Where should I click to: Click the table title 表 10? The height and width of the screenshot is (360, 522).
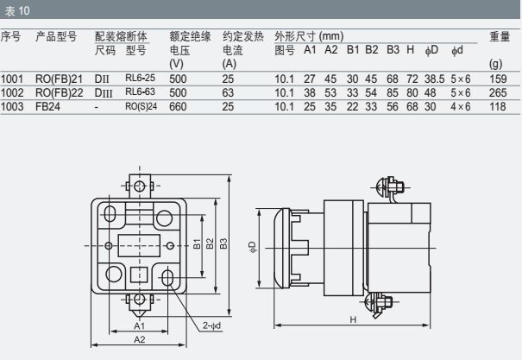(16, 10)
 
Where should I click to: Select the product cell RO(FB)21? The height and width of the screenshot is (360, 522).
(60, 79)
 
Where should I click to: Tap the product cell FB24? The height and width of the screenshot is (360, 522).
(47, 106)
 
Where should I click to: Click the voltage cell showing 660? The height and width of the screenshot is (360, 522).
(179, 106)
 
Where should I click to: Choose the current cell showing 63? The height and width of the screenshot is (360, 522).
(228, 92)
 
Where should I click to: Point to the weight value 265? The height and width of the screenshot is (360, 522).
(497, 92)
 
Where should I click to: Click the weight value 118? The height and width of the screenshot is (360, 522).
(497, 106)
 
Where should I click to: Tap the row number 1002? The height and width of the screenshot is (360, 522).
(13, 92)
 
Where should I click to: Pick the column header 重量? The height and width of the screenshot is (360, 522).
(500, 37)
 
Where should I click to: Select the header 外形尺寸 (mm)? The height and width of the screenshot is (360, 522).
(309, 37)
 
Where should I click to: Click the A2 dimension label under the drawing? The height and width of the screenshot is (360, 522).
(138, 340)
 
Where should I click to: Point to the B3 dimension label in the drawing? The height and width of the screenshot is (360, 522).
(223, 244)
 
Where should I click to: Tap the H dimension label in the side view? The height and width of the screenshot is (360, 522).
(354, 319)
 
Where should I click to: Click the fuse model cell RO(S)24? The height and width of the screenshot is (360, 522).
(141, 106)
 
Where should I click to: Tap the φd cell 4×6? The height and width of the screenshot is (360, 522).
(461, 106)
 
